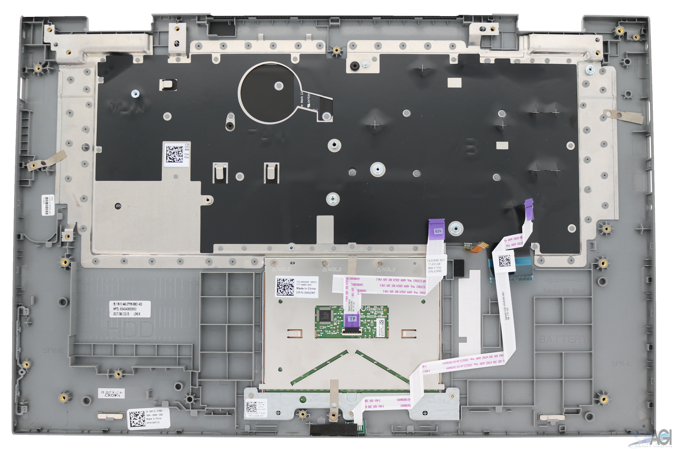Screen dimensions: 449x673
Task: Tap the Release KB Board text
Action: click(564, 291)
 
